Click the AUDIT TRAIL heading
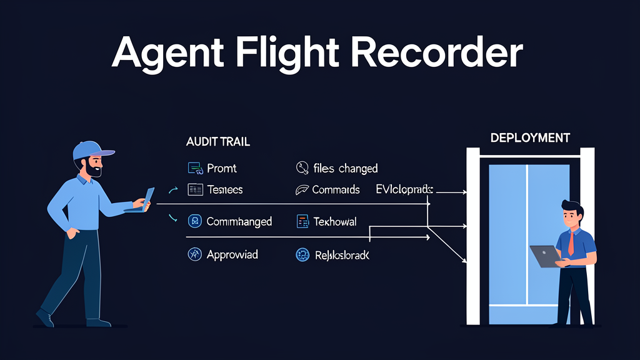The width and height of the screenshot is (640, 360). pos(218,142)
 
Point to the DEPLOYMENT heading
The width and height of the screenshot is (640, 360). pos(530,137)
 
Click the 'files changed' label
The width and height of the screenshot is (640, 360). pos(346,168)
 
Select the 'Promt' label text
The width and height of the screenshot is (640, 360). pos(222,168)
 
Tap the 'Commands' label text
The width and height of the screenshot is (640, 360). pos(336,189)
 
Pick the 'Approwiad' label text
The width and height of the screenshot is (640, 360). pos(232,254)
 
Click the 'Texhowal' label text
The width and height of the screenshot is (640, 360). pos(334,221)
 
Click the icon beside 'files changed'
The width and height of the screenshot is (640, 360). pos(302,167)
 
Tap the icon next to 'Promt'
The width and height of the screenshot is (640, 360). pos(195,167)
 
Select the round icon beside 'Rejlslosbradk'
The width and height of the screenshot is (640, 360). pos(302,254)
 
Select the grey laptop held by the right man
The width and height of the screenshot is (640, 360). pos(545,256)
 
